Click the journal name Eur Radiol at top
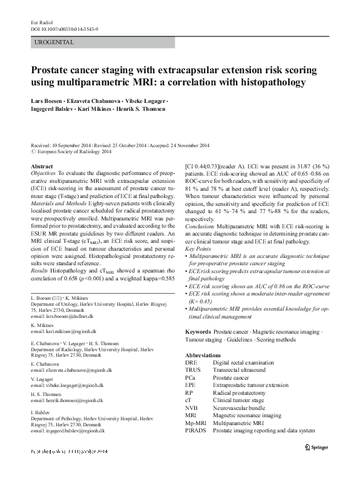39,22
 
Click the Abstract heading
41,165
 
